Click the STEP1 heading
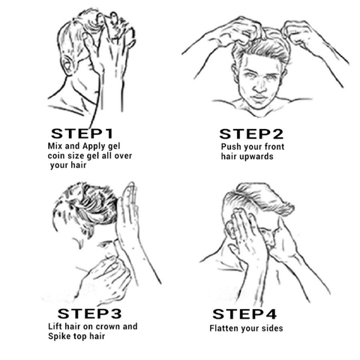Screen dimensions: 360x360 (x=82, y=133)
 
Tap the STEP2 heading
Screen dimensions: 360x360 (x=251, y=134)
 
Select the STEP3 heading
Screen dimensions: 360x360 (x=89, y=313)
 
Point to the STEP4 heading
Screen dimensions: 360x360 (x=244, y=314)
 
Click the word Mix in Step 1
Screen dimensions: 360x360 (x=55, y=145)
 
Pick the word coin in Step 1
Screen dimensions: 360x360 (x=55, y=156)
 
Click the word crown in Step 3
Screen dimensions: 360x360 (x=107, y=326)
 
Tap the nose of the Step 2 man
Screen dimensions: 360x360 (x=259, y=86)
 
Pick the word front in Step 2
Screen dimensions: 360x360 (x=274, y=147)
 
